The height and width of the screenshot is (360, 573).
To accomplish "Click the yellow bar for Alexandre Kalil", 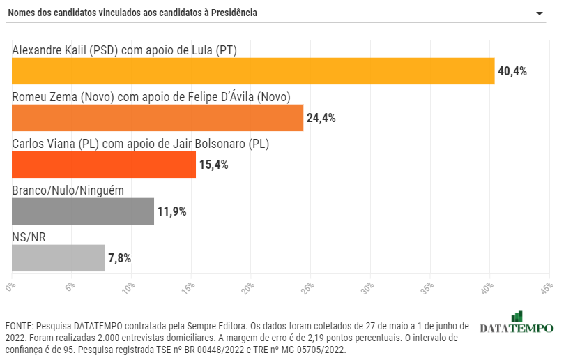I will pos(253,71).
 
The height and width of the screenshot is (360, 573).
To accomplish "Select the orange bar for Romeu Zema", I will pos(158,118).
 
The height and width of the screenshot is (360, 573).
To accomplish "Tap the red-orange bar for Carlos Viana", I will pos(104,165).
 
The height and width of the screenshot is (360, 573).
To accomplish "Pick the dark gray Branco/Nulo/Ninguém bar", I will pos(83,211).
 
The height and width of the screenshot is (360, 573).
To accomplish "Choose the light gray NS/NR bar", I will pos(59,258).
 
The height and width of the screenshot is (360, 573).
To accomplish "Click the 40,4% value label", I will pos(512,71).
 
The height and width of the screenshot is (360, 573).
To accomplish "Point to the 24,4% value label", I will pos(321,118).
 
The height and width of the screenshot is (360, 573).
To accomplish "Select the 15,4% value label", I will pos(213,165).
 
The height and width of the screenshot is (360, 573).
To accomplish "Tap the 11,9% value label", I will pos(171,211).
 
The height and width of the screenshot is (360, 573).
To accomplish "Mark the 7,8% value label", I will pos(119,258).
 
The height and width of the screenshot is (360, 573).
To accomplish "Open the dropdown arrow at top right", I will pos(539,14).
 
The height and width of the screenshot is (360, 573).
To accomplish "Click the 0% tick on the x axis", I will pos(10,287).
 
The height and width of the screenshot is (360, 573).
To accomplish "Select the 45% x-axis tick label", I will pos(547,287).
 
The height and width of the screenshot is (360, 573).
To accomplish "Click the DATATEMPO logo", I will pos(517,324).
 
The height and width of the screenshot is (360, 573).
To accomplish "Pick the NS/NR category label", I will pos(29,237).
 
